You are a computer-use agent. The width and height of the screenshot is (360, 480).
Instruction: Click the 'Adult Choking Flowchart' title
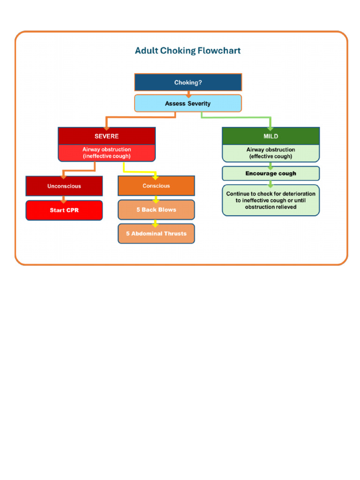tap(187, 51)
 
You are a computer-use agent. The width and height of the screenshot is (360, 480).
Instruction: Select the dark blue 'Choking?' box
tap(188, 82)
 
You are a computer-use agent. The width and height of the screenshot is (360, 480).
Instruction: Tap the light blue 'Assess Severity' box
tap(188, 104)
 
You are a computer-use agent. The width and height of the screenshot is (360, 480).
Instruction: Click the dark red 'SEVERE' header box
tap(106, 136)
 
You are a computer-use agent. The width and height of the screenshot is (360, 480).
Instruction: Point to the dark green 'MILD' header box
tap(270, 136)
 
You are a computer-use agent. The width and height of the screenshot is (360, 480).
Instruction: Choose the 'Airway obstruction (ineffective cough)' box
tap(106, 153)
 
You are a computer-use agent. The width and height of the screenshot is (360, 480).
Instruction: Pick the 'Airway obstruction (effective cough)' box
tap(270, 153)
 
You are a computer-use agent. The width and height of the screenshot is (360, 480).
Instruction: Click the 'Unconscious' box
tap(64, 186)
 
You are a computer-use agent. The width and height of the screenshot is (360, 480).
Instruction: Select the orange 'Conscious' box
tap(156, 186)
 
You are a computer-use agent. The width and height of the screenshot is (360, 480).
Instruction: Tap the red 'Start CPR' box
tap(64, 210)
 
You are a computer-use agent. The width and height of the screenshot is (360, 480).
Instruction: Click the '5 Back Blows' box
tap(156, 210)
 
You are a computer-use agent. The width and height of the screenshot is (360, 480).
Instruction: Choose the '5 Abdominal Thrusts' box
tap(156, 233)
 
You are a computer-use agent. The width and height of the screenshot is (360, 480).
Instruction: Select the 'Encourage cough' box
tap(270, 173)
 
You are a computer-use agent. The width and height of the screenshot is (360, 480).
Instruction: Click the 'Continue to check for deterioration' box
tap(270, 200)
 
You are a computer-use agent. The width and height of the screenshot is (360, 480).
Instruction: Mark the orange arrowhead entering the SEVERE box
tap(106, 127)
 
